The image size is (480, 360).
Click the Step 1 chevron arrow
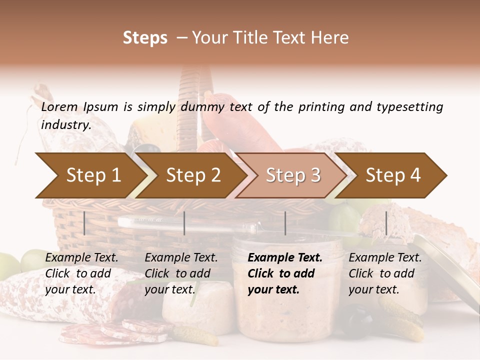click(93, 175)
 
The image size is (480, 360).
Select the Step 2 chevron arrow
click(193, 175)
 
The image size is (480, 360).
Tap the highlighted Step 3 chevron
click(293, 175)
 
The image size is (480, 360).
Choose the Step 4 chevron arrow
click(393, 175)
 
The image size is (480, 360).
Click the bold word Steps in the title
click(145, 38)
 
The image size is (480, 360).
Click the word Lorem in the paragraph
click(59, 106)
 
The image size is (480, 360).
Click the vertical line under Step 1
click(84, 223)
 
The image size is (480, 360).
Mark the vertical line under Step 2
click(184, 223)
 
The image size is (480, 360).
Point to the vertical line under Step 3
click(285, 223)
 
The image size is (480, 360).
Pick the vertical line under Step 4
click(386, 223)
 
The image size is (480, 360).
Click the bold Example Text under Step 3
click(285, 257)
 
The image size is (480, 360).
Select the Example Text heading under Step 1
click(81, 257)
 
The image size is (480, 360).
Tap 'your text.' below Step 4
click(373, 289)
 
